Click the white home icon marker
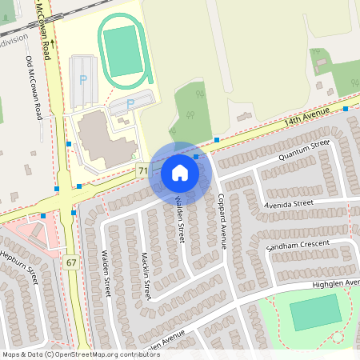tap(179, 173)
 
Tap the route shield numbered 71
tap(142, 170)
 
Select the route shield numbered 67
tap(71, 262)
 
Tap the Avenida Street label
tap(290, 205)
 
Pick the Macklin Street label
tap(146, 277)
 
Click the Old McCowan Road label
tap(34, 88)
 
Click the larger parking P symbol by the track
tap(83, 80)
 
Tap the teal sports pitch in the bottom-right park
tap(315, 312)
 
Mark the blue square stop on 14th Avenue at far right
tap(346, 109)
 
